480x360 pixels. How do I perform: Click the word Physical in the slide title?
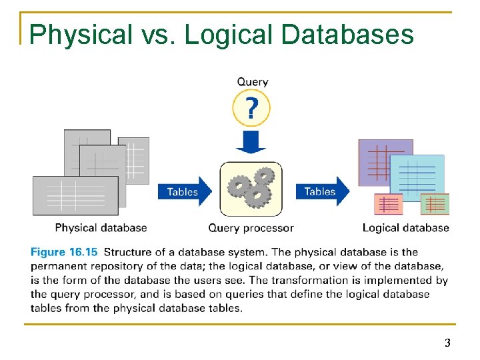[x=81, y=34]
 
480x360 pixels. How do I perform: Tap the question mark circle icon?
[x=251, y=108]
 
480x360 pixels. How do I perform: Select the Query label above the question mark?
[x=252, y=82]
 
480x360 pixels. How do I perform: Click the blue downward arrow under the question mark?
[x=251, y=141]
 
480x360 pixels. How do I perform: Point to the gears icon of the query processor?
[x=251, y=188]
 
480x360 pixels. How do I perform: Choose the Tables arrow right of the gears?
[x=322, y=191]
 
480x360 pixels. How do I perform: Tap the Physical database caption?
[x=101, y=228]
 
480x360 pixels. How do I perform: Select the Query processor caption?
[x=251, y=228]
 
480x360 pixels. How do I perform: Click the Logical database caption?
[x=405, y=228]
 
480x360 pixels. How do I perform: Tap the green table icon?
[x=435, y=204]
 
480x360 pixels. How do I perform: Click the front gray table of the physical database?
[x=75, y=195]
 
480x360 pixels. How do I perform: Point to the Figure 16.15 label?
[x=64, y=252]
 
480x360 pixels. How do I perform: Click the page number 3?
[x=447, y=343]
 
